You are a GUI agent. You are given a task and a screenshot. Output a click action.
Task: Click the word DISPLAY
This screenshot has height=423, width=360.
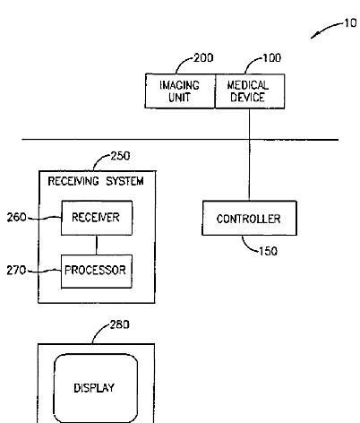pyautogui.click(x=94, y=388)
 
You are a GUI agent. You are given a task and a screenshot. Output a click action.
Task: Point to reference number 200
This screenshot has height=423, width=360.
pyautogui.click(x=203, y=57)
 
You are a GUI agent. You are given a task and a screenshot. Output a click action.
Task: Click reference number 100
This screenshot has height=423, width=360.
pyautogui.click(x=271, y=57)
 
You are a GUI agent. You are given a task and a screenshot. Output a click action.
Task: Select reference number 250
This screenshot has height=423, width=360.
pyautogui.click(x=120, y=156)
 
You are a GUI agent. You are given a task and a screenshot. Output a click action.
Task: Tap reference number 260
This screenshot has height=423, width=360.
pyautogui.click(x=17, y=217)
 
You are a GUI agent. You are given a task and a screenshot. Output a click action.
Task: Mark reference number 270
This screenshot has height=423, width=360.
pyautogui.click(x=16, y=271)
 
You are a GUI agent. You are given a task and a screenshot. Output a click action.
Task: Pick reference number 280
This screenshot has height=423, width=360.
pyautogui.click(x=120, y=324)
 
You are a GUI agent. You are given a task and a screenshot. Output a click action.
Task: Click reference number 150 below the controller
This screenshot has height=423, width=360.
pyautogui.click(x=268, y=251)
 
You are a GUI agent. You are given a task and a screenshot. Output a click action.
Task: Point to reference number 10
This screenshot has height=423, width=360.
pyautogui.click(x=350, y=23)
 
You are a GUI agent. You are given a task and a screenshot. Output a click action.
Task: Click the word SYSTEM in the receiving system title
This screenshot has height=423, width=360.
pyautogui.click(x=124, y=181)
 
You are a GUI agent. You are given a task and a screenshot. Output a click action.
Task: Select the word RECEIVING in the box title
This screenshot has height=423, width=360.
pyautogui.click(x=73, y=181)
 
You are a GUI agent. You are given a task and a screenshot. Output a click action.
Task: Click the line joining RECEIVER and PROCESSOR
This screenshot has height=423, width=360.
pyautogui.click(x=97, y=245)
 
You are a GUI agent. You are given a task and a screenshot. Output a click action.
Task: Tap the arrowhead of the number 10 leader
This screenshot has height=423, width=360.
pyautogui.click(x=313, y=37)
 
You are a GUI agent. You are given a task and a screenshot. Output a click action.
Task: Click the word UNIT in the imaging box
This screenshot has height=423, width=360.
pyautogui.click(x=179, y=98)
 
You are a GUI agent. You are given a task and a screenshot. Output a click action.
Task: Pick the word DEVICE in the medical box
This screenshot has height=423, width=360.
pyautogui.click(x=247, y=98)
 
